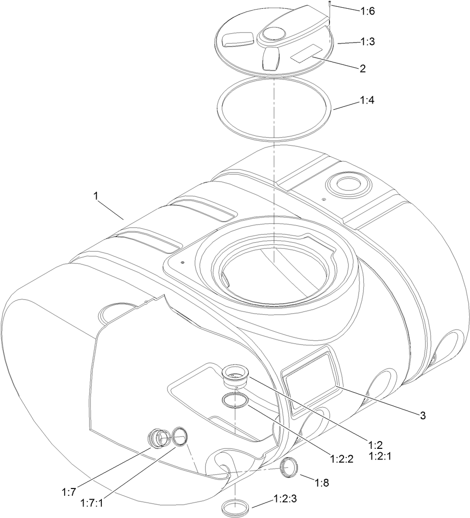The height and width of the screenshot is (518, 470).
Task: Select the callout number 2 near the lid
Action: click(x=362, y=68)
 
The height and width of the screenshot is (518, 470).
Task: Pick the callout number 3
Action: click(x=422, y=414)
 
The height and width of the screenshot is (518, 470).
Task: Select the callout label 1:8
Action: click(x=322, y=482)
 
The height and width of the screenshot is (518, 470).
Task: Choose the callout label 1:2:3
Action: click(x=285, y=498)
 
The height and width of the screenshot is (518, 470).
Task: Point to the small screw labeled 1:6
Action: click(x=328, y=10)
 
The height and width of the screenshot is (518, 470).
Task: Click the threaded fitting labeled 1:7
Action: click(x=158, y=439)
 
